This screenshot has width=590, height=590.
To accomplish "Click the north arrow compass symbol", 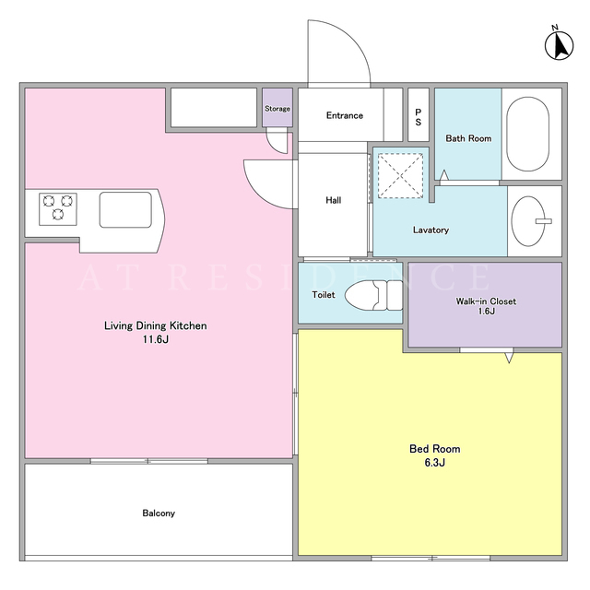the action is point(560,44).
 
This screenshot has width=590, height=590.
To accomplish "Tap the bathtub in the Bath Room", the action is point(527,135).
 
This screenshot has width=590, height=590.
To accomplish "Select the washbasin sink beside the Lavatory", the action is point(528,221).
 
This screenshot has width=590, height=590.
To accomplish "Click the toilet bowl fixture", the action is point(373,295).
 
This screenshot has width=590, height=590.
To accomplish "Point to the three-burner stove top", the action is point(58,209).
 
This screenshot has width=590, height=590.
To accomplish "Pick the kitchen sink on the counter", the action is point(125,209).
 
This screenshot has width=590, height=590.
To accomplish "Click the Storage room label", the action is point(277,109).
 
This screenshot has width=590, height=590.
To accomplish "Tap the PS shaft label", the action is point(418,117).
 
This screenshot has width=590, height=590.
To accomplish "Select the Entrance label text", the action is point(344,115).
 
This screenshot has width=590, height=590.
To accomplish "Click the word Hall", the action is point(334,200).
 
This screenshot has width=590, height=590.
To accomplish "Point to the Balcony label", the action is point(159,513).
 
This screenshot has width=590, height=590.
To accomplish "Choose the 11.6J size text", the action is point(156,339).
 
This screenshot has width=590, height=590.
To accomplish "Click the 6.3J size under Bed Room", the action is point(434,463).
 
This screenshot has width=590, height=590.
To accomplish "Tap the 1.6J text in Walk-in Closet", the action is point(486,312).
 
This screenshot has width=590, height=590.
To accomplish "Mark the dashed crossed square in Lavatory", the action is point(400,176).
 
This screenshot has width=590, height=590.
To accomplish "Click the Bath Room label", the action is point(468,138).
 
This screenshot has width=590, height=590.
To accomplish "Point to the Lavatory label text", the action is point(431,230).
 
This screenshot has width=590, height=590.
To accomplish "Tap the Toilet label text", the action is point(324,295).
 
